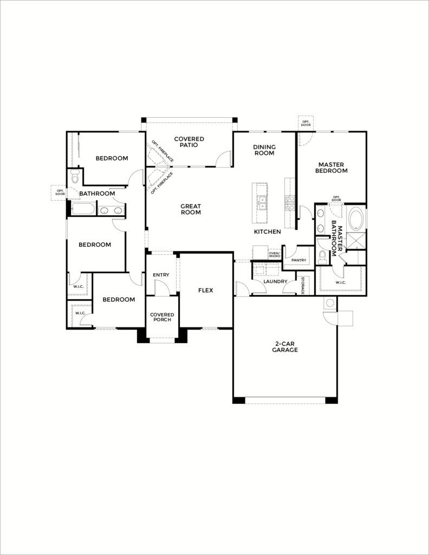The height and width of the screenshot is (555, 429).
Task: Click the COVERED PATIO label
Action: pyautogui.click(x=189, y=142)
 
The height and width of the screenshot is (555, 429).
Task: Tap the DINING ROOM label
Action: pyautogui.click(x=264, y=150)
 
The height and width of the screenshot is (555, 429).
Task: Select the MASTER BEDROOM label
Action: pyautogui.click(x=332, y=167)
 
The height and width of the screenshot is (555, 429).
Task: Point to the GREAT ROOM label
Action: pyautogui.click(x=191, y=209)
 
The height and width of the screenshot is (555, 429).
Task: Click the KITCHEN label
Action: pyautogui.click(x=268, y=232)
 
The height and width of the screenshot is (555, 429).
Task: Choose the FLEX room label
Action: pyautogui.click(x=205, y=291)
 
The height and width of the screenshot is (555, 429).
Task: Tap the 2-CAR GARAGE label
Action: pyautogui.click(x=285, y=346)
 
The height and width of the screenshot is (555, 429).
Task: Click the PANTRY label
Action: pyautogui.click(x=298, y=260)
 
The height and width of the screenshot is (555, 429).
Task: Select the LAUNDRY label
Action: pyautogui.click(x=275, y=282)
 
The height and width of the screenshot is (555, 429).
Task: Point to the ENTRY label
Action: pyautogui.click(x=161, y=275)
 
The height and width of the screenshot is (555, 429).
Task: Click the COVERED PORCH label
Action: pyautogui.click(x=161, y=317)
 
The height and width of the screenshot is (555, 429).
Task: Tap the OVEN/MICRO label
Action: pyautogui.click(x=274, y=254)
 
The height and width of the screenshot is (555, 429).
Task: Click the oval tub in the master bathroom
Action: pyautogui.click(x=356, y=219)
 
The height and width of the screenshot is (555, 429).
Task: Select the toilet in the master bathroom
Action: pyautogui.click(x=323, y=255)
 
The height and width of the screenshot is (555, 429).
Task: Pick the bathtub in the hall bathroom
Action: pyautogui.click(x=83, y=209)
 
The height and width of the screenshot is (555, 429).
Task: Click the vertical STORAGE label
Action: pyautogui.click(x=303, y=285)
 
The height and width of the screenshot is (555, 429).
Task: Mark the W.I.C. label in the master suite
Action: pyautogui.click(x=340, y=282)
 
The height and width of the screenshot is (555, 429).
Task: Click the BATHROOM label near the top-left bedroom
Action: pyautogui.click(x=97, y=193)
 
